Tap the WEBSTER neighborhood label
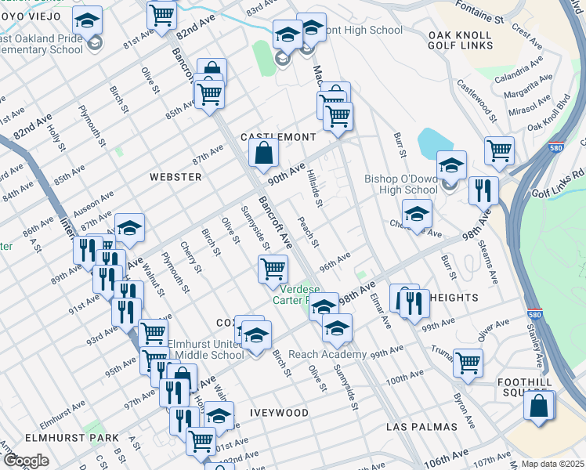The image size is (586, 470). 175,177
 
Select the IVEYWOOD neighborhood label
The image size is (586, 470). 279,412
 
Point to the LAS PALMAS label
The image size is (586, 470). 421,427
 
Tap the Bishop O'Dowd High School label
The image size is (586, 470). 400,185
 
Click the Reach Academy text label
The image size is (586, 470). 327,355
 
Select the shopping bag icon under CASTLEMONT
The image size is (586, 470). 264,152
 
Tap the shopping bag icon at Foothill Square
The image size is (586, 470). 538,407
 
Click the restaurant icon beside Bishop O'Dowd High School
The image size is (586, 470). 483,190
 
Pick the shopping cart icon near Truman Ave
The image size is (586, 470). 468,363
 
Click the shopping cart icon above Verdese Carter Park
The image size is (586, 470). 273,269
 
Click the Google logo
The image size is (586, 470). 25,461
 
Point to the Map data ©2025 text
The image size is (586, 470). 552,464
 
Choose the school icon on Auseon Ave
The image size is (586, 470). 129,228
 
